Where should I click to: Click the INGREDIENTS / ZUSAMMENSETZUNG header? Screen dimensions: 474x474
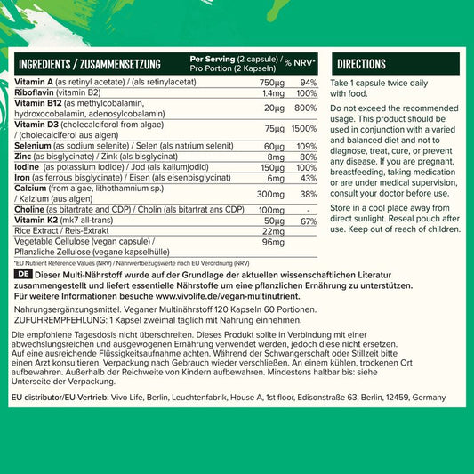pos(89,64)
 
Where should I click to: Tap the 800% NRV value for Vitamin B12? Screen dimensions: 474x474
pos(306,108)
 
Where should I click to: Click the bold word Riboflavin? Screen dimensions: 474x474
pos(36,92)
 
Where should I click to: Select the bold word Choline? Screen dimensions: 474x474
pos(32,210)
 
